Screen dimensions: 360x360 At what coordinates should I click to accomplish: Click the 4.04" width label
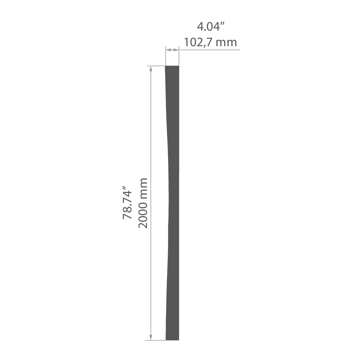point(211,27)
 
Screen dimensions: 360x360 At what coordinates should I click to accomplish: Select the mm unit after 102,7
point(226,43)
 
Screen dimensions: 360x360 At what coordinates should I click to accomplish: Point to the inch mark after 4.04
point(222,24)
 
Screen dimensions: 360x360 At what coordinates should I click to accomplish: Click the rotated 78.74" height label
point(127,202)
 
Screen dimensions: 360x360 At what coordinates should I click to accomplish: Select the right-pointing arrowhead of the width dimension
point(176,50)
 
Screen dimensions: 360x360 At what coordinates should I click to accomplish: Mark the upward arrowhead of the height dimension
point(151,69)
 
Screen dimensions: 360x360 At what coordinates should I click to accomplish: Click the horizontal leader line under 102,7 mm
point(209,50)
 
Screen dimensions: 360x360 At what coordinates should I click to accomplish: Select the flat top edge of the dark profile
point(172,66)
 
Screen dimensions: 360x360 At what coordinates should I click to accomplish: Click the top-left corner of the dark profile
point(165,66)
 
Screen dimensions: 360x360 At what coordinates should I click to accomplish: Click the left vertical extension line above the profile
point(166,56)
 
